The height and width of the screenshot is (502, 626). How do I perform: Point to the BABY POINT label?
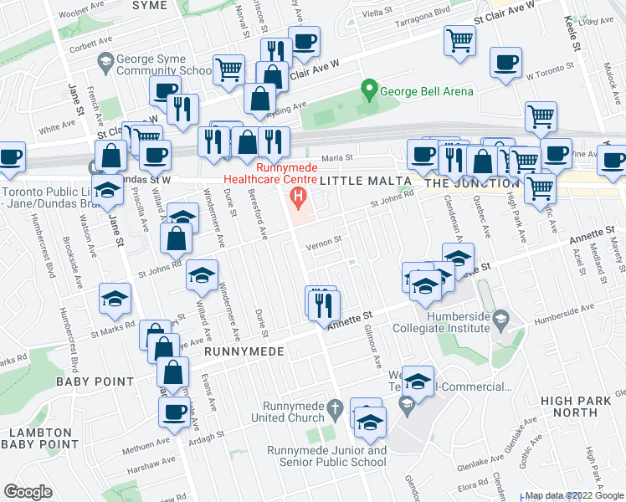point(95,382)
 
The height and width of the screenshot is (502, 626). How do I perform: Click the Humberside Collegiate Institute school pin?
point(500,316)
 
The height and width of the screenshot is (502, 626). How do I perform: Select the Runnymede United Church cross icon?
point(335,409)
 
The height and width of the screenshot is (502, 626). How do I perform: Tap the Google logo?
point(28,492)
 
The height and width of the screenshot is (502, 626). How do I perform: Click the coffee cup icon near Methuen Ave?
point(175,411)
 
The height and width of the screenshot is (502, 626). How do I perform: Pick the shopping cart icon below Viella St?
point(459,40)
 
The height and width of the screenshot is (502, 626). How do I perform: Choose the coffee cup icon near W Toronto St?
point(505,62)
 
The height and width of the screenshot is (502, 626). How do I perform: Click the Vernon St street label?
point(324,242)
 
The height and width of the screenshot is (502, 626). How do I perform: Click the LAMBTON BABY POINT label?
point(39,438)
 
